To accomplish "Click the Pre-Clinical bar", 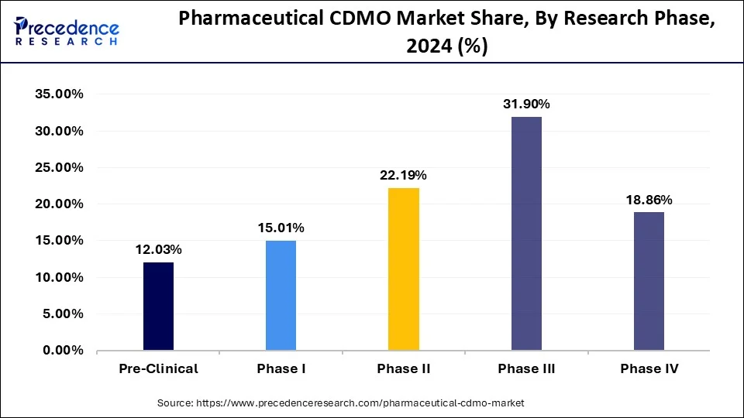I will coord(158,307).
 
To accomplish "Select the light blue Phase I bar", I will coord(281,296).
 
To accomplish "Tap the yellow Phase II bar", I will coord(403,269).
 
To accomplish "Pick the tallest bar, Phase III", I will coord(526,234).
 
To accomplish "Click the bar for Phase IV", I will coord(649,282).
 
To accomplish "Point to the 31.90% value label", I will coord(526,104).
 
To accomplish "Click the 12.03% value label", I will coord(158,249).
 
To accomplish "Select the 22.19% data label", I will coord(403,175).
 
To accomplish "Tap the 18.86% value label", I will coord(649,200).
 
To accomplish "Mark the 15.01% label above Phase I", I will coord(281,228).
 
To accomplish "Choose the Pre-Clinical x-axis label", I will coord(158,368).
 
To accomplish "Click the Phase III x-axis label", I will coord(526,368).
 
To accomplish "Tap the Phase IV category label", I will coord(649,368).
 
